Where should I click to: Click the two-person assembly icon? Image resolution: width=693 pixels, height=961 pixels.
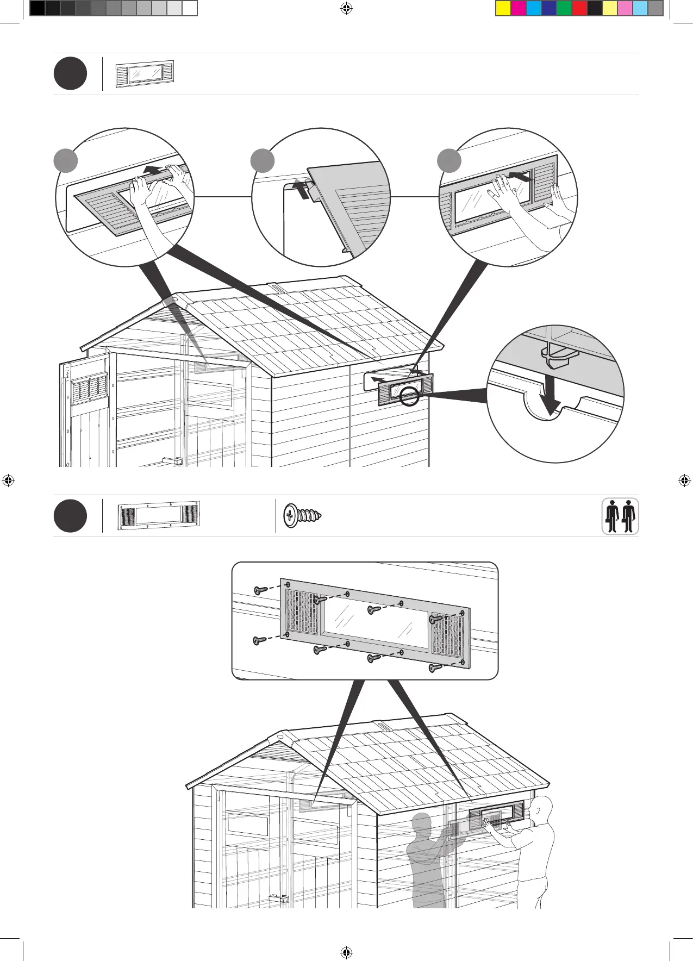coord(620,516)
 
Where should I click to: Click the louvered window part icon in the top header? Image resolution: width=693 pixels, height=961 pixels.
coord(145,74)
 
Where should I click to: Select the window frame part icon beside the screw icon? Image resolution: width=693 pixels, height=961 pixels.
coord(159,515)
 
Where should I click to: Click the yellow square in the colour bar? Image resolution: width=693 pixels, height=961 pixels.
coord(503,9)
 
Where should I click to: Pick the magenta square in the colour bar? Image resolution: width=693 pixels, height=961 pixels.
coord(519,9)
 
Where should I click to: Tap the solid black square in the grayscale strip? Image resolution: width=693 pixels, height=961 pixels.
coord(37,9)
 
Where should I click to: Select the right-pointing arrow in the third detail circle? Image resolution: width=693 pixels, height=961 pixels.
coord(520,178)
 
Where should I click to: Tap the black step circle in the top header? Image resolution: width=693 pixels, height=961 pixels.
coord(70,74)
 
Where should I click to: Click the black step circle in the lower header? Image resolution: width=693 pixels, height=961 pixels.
coord(70,516)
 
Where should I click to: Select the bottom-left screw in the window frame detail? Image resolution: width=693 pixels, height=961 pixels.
coord(259,641)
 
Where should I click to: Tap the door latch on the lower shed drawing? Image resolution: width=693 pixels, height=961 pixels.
coord(279,898)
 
